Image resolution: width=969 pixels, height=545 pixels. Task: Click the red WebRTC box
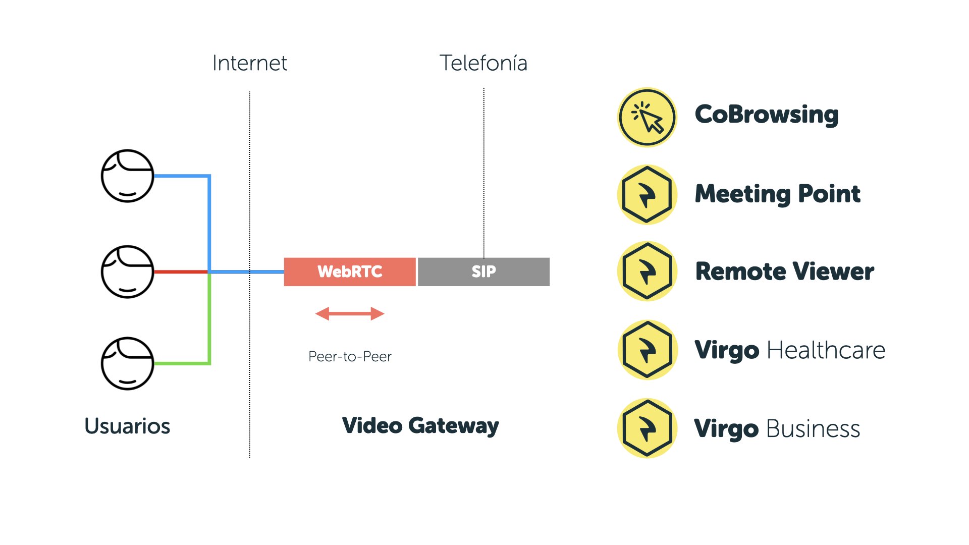(x=350, y=272)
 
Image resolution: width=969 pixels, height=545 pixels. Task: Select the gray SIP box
(x=483, y=272)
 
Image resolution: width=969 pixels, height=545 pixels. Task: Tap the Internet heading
(x=249, y=63)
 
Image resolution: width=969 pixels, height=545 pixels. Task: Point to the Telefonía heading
(x=483, y=63)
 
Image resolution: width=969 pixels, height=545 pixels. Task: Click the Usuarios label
(x=127, y=426)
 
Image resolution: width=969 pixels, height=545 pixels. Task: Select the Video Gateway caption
(x=420, y=426)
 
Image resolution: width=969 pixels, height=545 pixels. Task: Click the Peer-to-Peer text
(x=350, y=357)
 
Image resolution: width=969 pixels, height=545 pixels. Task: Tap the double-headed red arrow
(x=350, y=314)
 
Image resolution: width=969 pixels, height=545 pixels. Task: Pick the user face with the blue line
(x=127, y=176)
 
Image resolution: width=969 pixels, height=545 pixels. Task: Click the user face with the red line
(x=127, y=272)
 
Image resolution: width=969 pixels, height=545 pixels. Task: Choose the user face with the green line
(x=127, y=363)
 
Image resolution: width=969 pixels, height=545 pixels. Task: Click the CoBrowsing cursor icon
(x=647, y=117)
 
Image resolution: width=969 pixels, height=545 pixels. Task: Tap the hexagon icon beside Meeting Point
(x=647, y=195)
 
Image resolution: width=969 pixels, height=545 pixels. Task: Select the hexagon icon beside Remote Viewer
(x=647, y=271)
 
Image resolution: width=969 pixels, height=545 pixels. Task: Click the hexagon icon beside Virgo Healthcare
(x=647, y=350)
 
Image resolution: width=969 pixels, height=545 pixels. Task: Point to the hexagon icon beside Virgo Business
(x=647, y=428)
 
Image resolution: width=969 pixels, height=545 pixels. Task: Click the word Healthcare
(x=826, y=350)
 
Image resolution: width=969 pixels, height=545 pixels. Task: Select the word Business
(x=813, y=429)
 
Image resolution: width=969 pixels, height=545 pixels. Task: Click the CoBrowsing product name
(x=767, y=115)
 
